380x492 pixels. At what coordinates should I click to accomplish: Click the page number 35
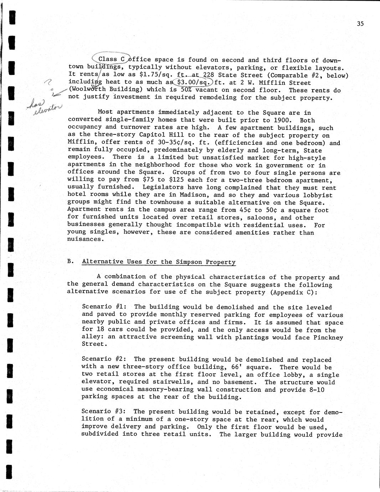360,24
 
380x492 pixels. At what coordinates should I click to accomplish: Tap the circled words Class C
111,59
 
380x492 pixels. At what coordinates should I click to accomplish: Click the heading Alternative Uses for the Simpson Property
159,262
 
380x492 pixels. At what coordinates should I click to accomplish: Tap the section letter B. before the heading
71,261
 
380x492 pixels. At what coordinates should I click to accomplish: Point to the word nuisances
84,239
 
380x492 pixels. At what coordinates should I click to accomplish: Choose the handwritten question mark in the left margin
46,83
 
